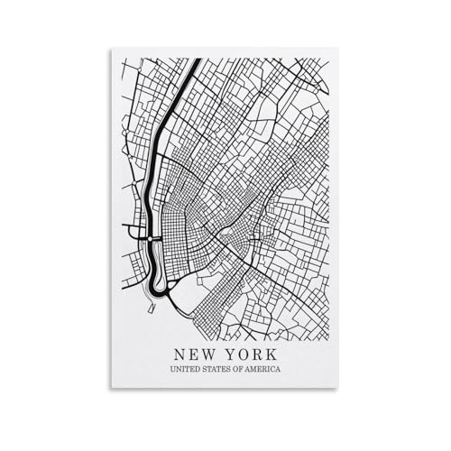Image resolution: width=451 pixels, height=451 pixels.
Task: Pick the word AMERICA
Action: pos(263,370)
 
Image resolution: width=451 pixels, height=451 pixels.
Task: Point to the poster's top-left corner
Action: pos(111,49)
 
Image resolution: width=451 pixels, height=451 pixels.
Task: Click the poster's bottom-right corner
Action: pos(337,389)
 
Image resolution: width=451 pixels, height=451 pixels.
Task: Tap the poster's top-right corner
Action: pos(337,49)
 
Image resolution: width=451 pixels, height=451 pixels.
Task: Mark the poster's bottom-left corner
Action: pos(111,389)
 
